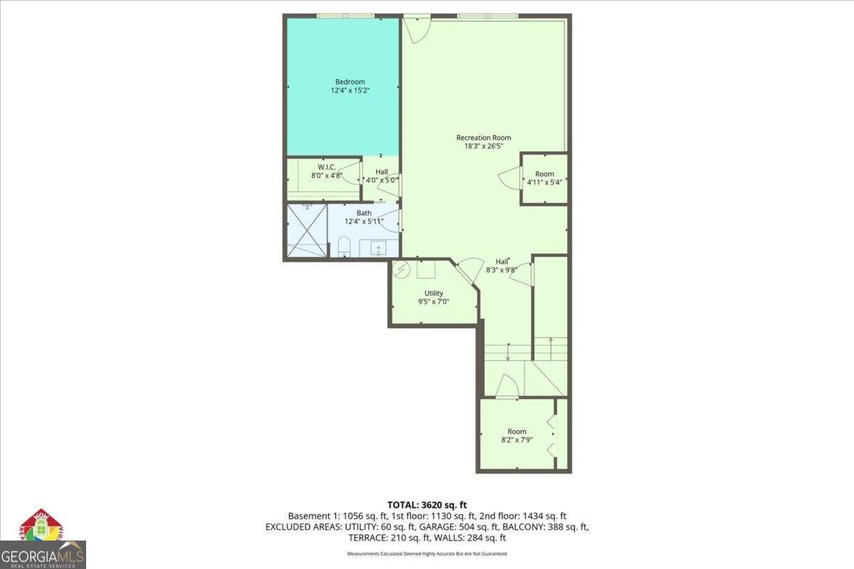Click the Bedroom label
tap(350, 82)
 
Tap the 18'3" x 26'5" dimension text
tap(483, 147)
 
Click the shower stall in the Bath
tap(307, 230)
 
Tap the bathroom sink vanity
tap(378, 248)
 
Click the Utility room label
tap(434, 293)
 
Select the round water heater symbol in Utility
tap(401, 270)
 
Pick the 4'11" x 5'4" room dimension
tap(544, 182)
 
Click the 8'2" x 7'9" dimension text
tap(517, 440)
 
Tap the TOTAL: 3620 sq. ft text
tap(427, 505)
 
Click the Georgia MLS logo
tap(43, 541)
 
